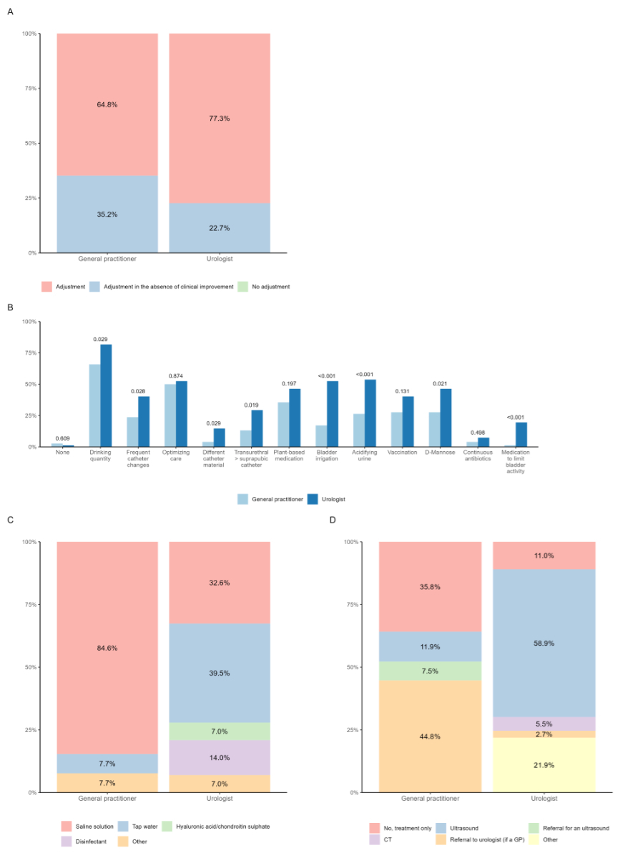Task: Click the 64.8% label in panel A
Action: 107,104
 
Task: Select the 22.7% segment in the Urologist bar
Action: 220,228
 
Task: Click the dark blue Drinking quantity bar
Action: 106,395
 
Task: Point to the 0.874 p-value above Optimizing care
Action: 176,376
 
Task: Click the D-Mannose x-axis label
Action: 441,453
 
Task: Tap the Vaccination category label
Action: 402,453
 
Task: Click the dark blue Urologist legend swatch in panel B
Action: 312,499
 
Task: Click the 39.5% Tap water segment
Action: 220,672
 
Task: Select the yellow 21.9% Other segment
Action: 544,764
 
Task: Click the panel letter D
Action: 332,519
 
